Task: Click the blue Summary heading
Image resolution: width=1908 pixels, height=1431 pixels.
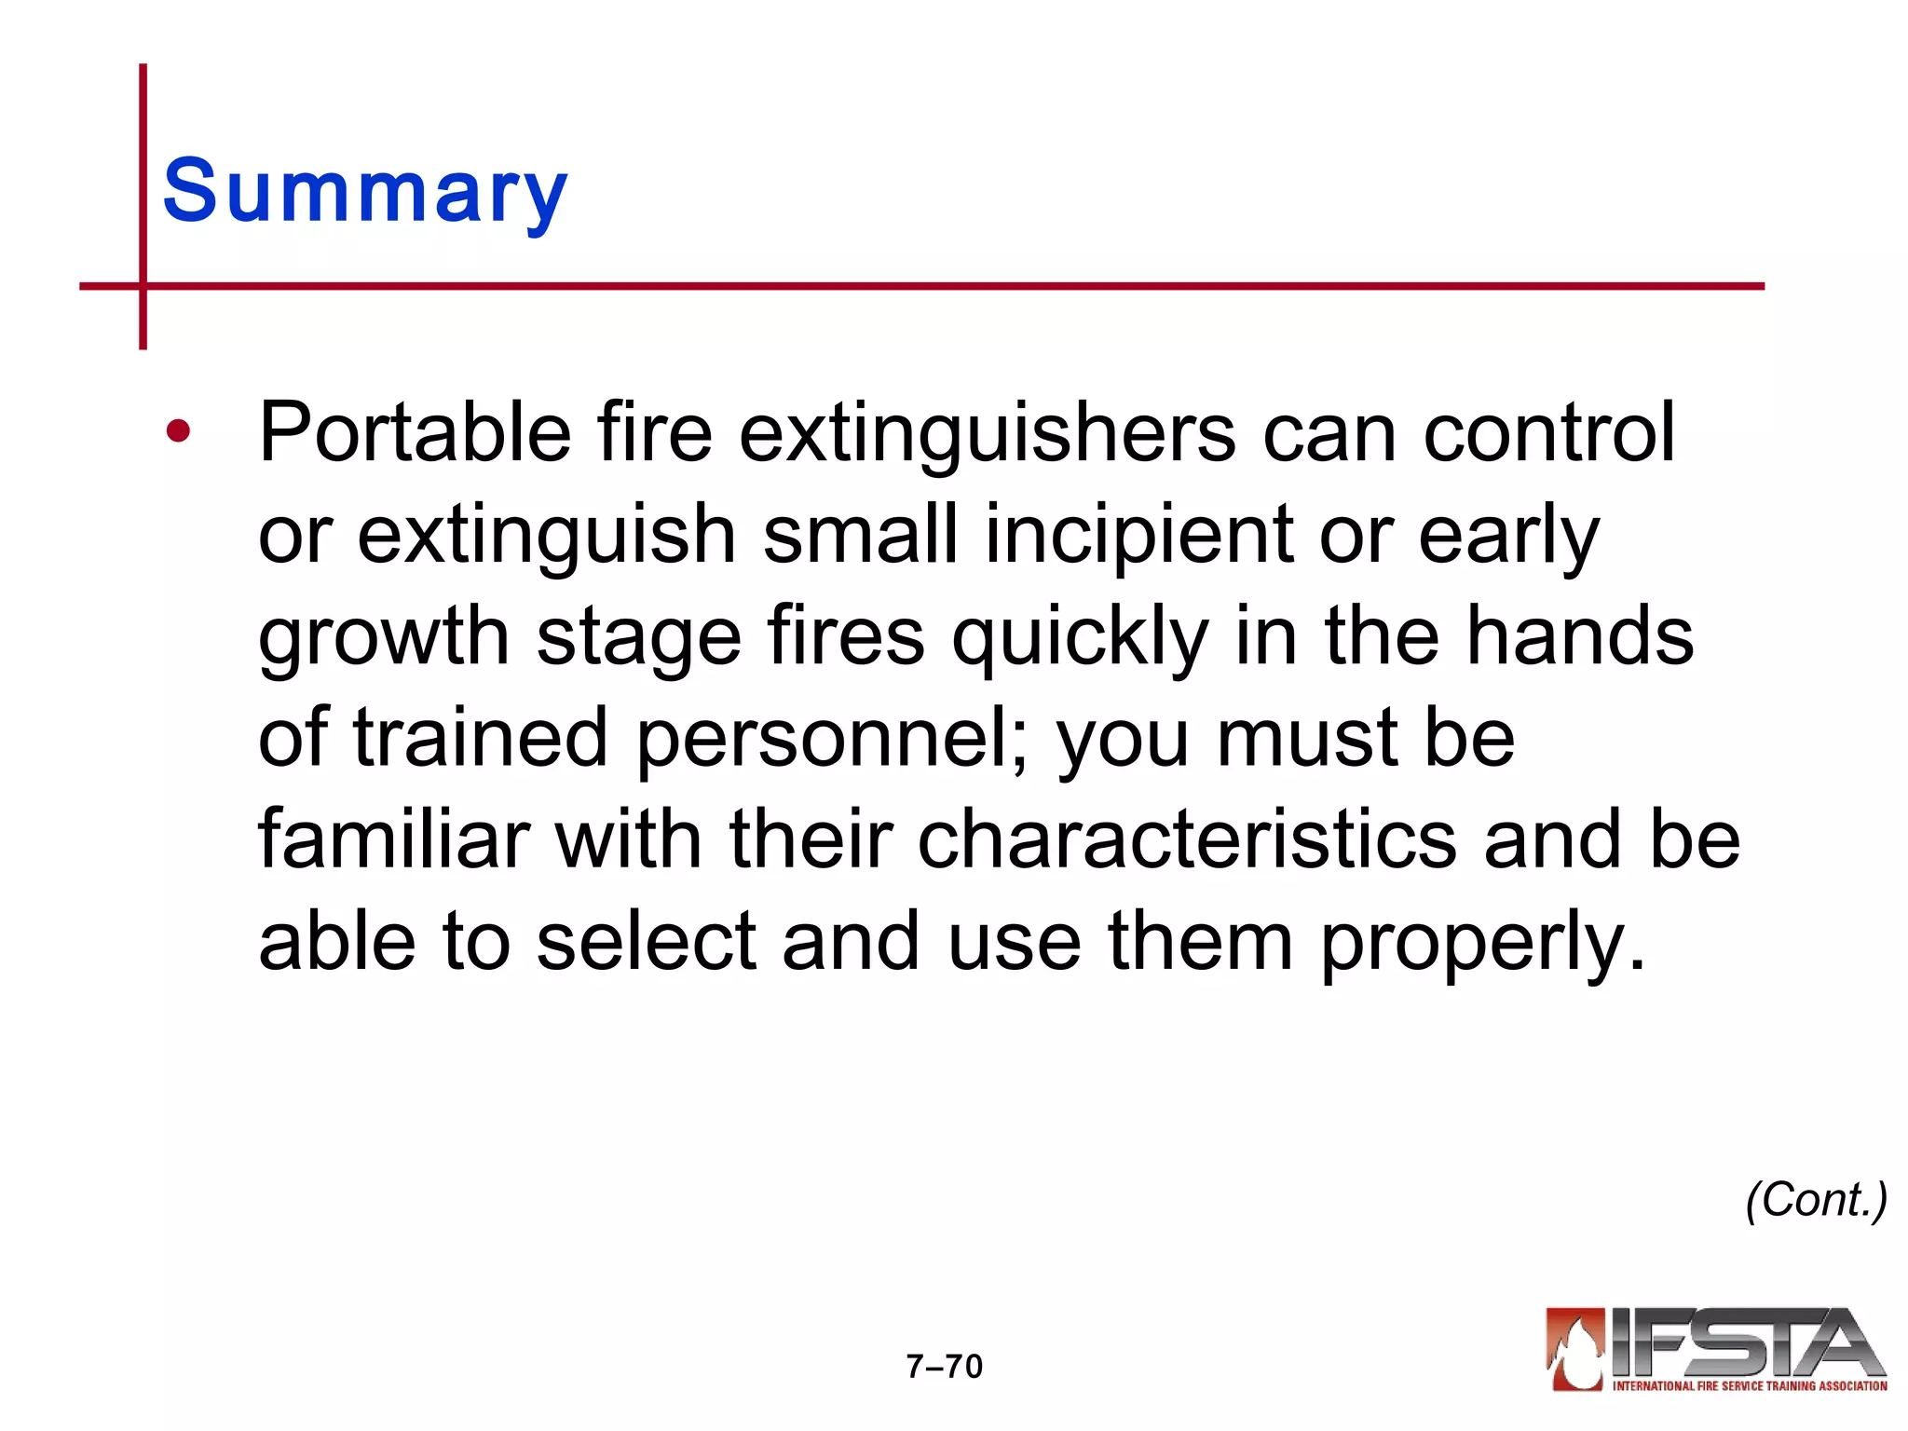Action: point(365,193)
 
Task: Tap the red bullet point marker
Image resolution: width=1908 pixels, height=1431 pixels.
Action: point(178,431)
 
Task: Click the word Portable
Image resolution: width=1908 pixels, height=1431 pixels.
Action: point(415,433)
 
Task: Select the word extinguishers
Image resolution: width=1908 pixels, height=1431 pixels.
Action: point(987,433)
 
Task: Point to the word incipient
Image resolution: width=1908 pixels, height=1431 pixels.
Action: point(1138,535)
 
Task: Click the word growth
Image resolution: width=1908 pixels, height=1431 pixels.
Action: point(383,638)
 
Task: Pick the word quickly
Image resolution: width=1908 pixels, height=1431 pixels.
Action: point(1080,638)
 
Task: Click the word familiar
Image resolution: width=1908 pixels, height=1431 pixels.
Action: point(394,839)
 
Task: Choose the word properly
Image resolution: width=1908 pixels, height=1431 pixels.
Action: point(1483,943)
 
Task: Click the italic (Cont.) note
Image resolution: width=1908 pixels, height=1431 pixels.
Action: point(1816,1200)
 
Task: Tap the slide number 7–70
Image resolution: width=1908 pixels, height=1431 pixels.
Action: point(945,1367)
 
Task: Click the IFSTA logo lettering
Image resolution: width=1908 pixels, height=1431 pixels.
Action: point(1742,1342)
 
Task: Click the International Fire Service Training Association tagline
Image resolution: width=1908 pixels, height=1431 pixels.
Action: point(1749,1386)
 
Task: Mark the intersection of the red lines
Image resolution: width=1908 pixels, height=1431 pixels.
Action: point(143,286)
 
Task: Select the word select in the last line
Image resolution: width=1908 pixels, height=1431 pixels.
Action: point(646,943)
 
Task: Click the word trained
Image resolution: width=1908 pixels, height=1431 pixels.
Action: point(480,738)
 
